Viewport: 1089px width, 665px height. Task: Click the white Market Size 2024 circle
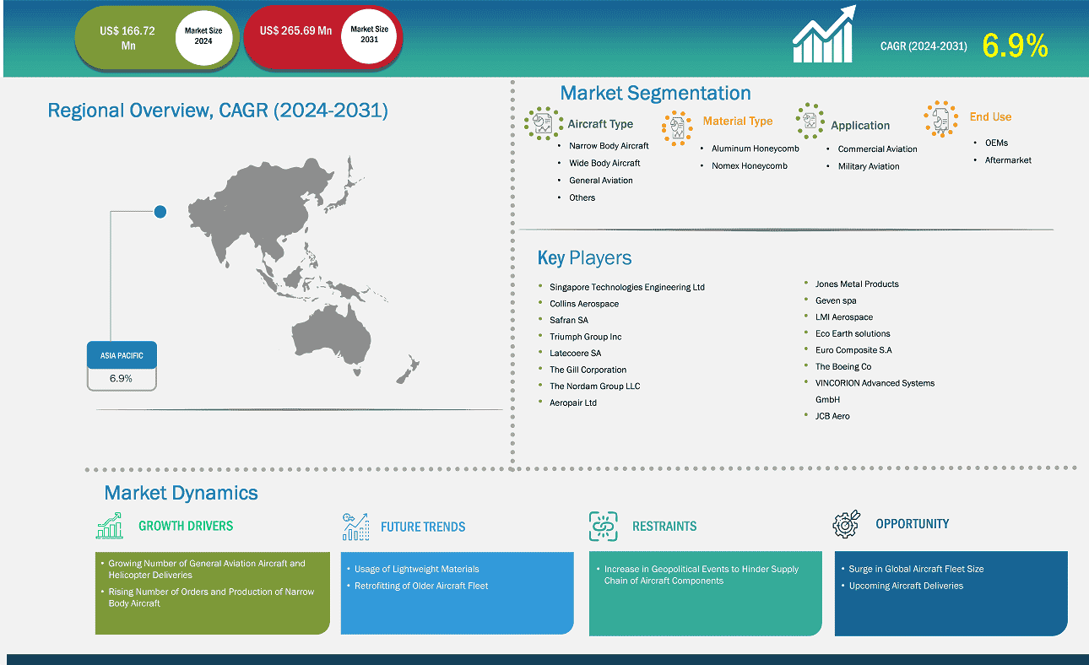click(x=203, y=37)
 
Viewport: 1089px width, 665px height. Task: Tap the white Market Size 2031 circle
click(x=369, y=35)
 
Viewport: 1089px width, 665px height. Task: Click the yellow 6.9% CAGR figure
click(x=1015, y=46)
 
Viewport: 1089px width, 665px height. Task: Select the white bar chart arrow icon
click(x=824, y=34)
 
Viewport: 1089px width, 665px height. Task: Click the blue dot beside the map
click(x=160, y=212)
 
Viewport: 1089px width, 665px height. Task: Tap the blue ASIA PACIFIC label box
click(x=122, y=355)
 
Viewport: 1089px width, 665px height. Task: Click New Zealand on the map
click(x=409, y=370)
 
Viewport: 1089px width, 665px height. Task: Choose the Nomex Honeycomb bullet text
click(x=749, y=165)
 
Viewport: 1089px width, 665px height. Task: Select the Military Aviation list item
click(x=869, y=166)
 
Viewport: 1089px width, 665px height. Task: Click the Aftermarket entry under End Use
click(x=1008, y=160)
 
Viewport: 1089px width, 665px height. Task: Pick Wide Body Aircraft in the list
click(x=604, y=163)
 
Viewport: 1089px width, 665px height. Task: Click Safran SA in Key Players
click(x=569, y=320)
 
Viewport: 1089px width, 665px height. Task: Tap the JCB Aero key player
click(x=832, y=416)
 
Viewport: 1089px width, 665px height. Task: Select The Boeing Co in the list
click(x=843, y=366)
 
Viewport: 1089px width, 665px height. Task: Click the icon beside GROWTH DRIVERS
click(x=110, y=526)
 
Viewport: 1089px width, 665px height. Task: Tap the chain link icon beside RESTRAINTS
click(x=604, y=526)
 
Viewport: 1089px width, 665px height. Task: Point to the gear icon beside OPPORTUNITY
click(x=847, y=523)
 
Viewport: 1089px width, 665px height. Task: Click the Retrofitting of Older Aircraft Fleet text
click(x=421, y=586)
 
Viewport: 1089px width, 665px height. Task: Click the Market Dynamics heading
click(x=181, y=493)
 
